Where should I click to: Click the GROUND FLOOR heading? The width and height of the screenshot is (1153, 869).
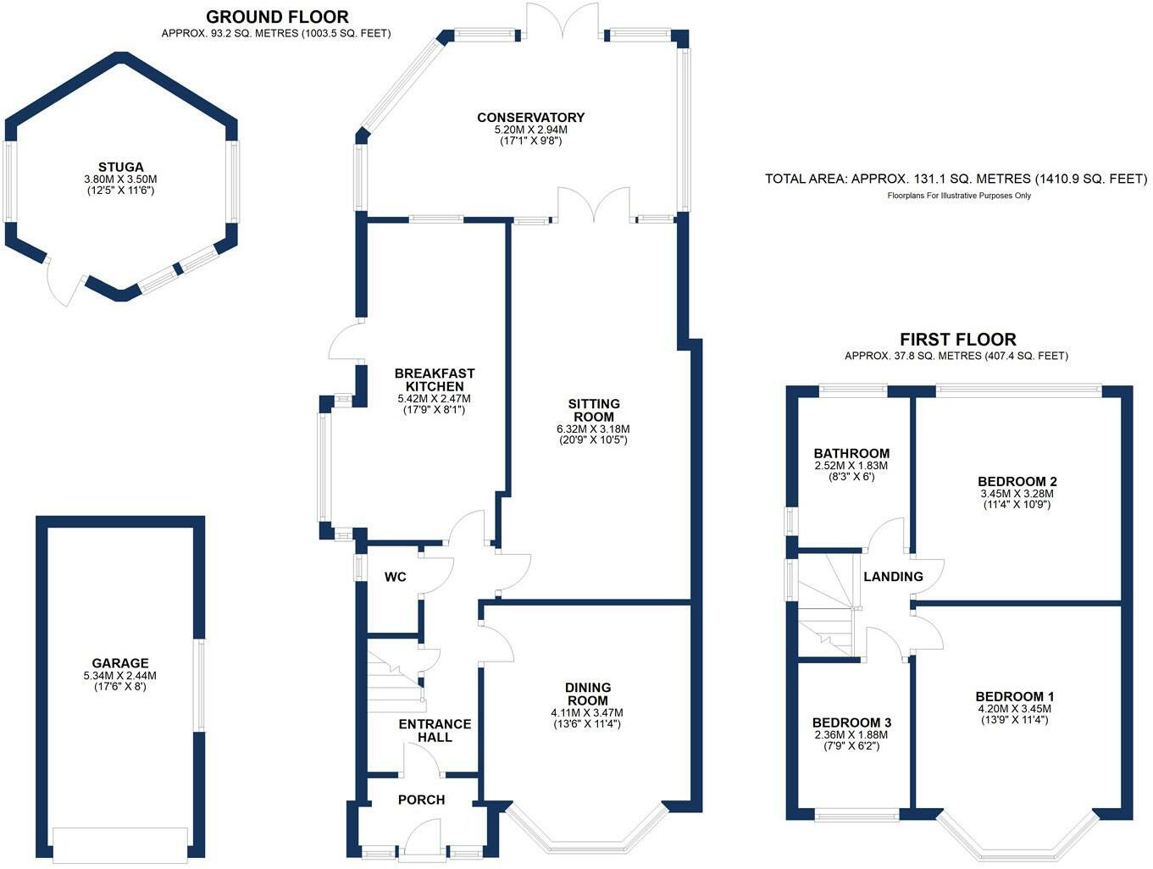point(277,16)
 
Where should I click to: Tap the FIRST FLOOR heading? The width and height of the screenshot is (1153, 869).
point(957,340)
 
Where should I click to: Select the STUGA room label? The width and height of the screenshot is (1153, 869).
point(120,167)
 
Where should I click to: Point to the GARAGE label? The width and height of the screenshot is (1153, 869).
point(120,663)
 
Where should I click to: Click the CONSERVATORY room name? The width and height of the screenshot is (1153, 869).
point(530,118)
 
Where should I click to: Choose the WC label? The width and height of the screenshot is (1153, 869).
point(396,577)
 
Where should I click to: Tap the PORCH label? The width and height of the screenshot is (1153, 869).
point(421,800)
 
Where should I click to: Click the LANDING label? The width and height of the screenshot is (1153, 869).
point(893,577)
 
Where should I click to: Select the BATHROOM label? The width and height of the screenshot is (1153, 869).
point(851,453)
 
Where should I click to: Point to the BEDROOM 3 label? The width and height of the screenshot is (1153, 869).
point(851,722)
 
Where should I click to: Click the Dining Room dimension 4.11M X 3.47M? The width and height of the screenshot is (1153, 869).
point(588,713)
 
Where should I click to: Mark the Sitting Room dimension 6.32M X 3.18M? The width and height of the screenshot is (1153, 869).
point(594,429)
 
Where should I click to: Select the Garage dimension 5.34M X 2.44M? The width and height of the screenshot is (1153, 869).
point(120,676)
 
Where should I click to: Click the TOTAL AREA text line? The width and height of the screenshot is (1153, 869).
point(956,179)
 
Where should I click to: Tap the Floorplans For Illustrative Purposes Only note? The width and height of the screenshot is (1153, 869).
point(958,196)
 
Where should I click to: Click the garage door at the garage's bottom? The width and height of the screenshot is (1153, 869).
point(120,843)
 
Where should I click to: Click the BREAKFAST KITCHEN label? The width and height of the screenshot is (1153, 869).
point(435,379)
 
